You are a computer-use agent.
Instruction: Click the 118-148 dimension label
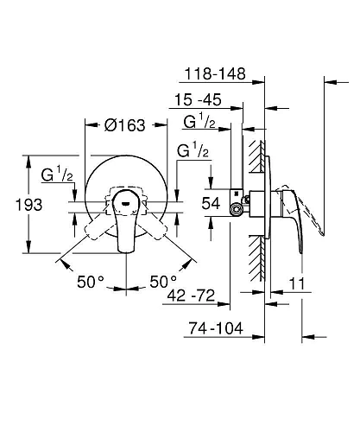point(217,75)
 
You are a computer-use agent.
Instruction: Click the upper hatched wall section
point(254,160)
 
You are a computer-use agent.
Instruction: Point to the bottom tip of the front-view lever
point(127,251)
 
